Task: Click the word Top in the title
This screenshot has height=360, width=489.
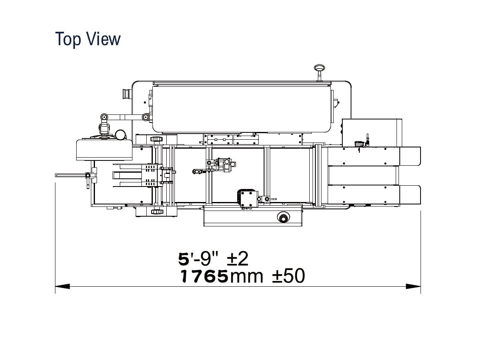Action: [x=68, y=39]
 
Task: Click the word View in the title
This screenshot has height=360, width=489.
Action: [x=104, y=39]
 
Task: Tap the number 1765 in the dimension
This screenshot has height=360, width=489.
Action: [x=204, y=276]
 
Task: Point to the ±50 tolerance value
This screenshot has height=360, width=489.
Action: [x=289, y=276]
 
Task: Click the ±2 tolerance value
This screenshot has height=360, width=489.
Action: [x=238, y=259]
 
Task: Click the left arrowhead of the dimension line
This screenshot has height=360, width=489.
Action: [x=62, y=286]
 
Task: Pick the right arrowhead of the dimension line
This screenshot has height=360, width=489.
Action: [x=413, y=286]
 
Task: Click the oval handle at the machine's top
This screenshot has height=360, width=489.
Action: [x=319, y=68]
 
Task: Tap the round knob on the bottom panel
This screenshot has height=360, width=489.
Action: [x=283, y=217]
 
